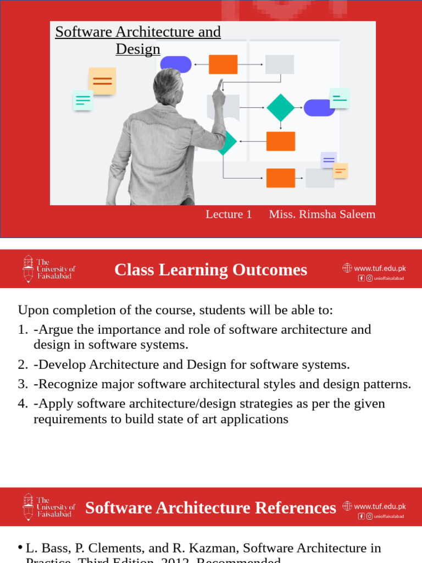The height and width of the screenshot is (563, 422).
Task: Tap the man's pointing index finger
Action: (221, 84)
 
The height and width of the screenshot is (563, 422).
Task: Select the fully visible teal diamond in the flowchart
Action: (281, 108)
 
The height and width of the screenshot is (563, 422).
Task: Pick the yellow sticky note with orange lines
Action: (102, 81)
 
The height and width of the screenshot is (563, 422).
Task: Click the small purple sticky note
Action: (329, 160)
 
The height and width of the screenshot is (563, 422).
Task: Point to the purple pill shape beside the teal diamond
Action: (319, 108)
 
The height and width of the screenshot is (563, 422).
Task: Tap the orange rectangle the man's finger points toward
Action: (223, 64)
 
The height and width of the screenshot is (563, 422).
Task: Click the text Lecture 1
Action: (229, 214)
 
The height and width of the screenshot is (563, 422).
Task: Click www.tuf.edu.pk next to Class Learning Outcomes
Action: (380, 268)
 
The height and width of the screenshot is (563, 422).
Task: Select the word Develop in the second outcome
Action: (60, 365)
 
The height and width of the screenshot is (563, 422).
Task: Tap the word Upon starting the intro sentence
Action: (32, 310)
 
